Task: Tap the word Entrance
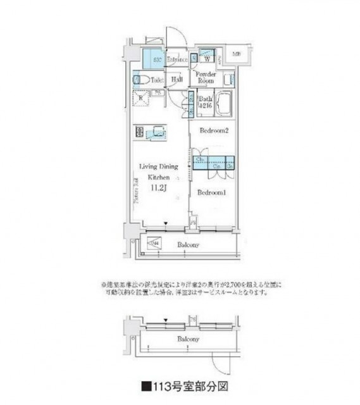(177, 61)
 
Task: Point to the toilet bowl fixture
(140, 80)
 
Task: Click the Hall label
(177, 79)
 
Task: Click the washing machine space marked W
(207, 59)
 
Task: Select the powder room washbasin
(228, 80)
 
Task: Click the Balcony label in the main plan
(188, 245)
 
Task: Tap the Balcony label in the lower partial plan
(187, 339)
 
